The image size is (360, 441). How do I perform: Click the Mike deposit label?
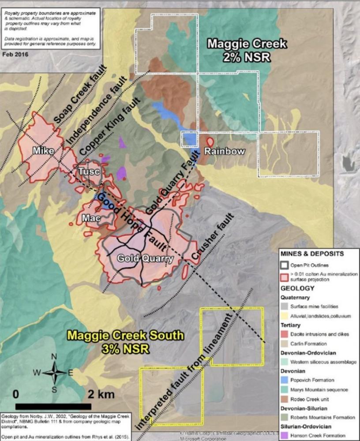click(x=43, y=151)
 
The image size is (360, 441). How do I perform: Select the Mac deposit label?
click(x=91, y=218)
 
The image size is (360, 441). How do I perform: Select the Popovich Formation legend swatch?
click(x=287, y=380)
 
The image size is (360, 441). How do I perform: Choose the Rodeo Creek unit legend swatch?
click(x=287, y=399)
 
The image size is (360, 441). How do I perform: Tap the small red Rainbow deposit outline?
click(x=210, y=142)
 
